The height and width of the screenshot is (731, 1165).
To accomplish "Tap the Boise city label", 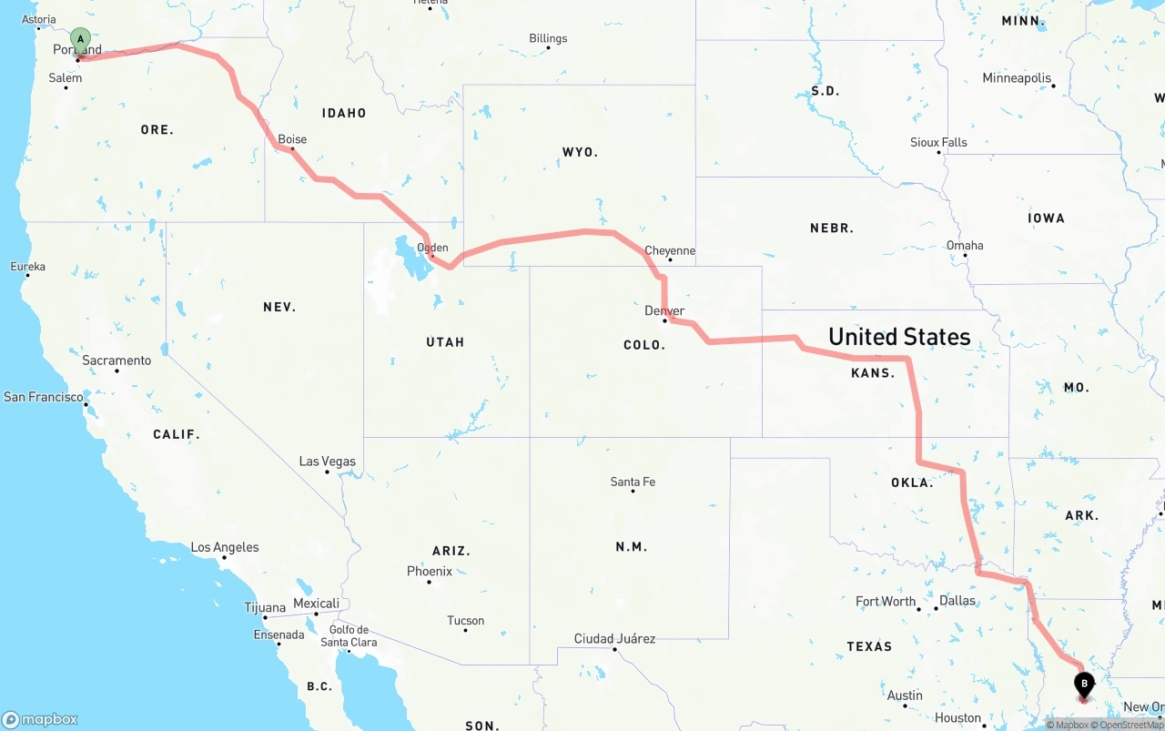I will (x=292, y=139).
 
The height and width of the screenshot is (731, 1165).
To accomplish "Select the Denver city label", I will (x=664, y=310).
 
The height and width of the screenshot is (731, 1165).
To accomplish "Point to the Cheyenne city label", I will (x=670, y=250).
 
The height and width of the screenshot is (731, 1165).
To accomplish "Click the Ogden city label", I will (x=432, y=248).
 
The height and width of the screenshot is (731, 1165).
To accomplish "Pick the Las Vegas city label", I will (x=328, y=462).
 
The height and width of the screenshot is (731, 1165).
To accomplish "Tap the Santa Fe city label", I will (x=633, y=482).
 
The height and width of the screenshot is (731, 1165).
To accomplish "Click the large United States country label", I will (x=899, y=337).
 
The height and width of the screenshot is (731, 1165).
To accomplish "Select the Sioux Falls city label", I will (x=938, y=142).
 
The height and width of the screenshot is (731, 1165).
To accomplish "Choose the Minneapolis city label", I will (x=1017, y=78).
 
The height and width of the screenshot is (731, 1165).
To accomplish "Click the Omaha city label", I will (x=965, y=245).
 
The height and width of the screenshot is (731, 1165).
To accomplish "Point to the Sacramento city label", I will (x=116, y=360).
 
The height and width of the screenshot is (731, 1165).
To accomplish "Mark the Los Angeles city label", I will (x=225, y=547).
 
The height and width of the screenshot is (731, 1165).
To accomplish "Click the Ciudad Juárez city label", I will (x=614, y=638).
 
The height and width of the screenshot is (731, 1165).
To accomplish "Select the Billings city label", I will (x=548, y=38).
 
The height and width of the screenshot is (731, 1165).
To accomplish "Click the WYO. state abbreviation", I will (x=580, y=152).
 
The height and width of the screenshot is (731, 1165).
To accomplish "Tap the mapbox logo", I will (x=40, y=719).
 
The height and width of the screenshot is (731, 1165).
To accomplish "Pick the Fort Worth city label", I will (x=886, y=601).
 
